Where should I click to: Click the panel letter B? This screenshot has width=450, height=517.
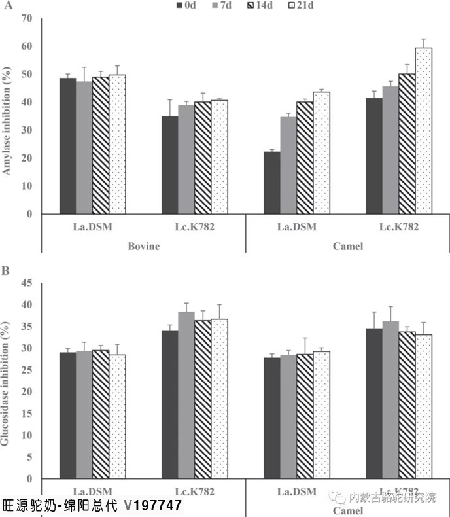click(x=5, y=269)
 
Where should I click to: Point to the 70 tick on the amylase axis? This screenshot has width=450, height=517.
click(x=27, y=18)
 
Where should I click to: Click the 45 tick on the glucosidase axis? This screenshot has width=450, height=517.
click(x=27, y=283)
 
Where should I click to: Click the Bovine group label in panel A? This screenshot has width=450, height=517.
click(x=143, y=246)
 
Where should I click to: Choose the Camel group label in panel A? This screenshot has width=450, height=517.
click(x=348, y=246)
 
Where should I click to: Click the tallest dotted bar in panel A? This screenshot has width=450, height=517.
click(x=423, y=131)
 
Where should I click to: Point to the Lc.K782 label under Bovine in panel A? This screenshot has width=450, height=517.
click(x=194, y=227)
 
